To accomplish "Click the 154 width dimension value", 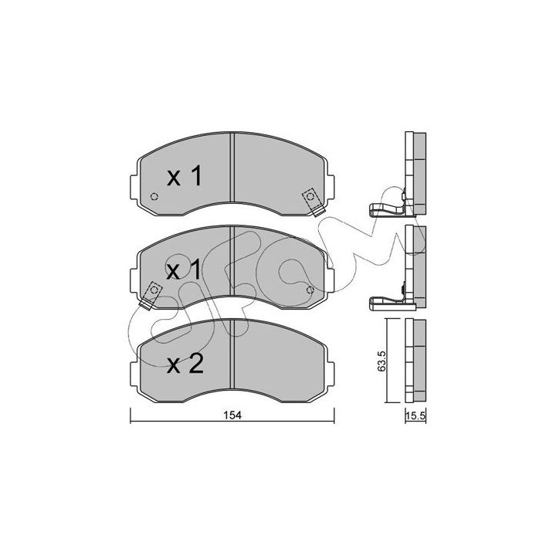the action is pos(232,415).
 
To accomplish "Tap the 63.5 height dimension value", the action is pos(381,361).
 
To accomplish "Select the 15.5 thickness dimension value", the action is pos(415,415).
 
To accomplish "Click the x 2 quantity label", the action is pos(185,364).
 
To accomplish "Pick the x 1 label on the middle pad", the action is pos(184,270).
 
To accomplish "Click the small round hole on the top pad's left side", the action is pos(154,196).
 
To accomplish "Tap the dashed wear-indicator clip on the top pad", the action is pos(313,202).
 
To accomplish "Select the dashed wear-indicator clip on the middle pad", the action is pos(151,295).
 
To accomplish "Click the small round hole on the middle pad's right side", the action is pos(310,290).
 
